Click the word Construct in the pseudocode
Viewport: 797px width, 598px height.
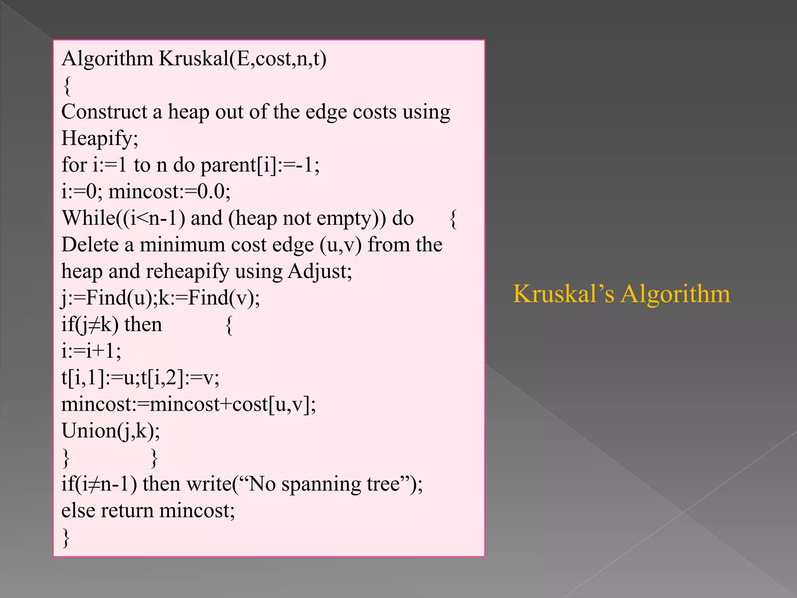tap(104, 112)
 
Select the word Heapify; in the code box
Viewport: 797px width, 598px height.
tap(100, 139)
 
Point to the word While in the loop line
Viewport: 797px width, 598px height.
tap(88, 218)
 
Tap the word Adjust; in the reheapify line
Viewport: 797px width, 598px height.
tap(320, 271)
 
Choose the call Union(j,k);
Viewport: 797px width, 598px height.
tap(111, 431)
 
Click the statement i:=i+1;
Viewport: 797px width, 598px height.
tap(91, 351)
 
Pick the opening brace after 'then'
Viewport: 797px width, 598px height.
tap(229, 325)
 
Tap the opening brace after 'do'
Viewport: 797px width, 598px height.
tap(453, 219)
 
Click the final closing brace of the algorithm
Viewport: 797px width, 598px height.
tap(66, 538)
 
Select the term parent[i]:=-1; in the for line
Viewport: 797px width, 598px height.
tap(260, 165)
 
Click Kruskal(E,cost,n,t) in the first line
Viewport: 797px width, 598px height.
tap(242, 59)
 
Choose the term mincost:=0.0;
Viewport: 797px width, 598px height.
tap(169, 192)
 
